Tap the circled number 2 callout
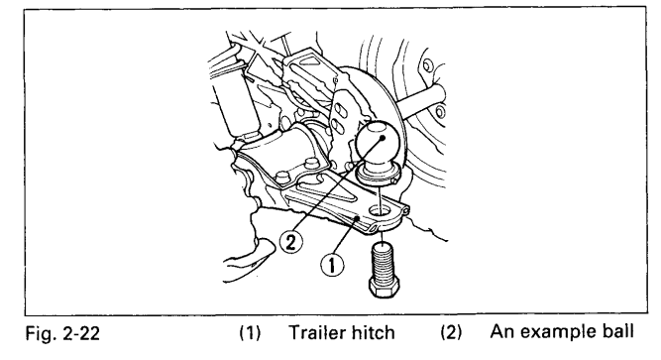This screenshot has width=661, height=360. pos(291,242)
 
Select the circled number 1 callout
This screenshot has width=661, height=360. pos(332,265)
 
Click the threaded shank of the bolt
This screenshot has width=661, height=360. pos(383,263)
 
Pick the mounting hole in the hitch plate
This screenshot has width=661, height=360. pos(379,209)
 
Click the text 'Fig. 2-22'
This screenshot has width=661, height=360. pos(62,333)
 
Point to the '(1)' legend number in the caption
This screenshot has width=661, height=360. pos(251,333)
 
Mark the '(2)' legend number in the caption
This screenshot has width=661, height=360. pos(451,332)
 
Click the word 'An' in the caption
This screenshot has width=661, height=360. pos(502,331)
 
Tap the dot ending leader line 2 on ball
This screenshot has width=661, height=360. pos(383,138)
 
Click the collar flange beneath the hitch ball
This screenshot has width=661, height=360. pos(376,175)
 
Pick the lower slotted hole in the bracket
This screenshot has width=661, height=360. pos(337,126)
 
